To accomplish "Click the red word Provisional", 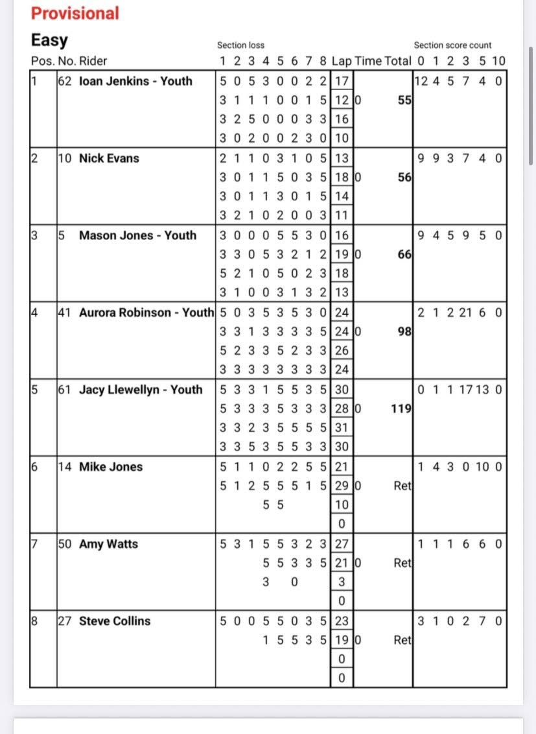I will click(75, 14).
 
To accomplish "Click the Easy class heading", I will click(49, 40).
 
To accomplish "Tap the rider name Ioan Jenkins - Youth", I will click(135, 81).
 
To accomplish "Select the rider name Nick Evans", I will click(109, 158).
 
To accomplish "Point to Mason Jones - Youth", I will click(137, 235).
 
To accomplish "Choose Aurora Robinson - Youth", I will click(146, 313).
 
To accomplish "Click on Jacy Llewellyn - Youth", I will click(141, 390).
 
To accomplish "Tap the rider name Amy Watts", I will click(108, 544).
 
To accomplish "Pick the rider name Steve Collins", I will click(115, 621).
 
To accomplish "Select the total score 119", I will click(402, 409).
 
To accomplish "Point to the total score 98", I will click(405, 332).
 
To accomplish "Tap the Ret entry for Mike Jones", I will click(402, 486).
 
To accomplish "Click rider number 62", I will click(65, 81).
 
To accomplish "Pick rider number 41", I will click(65, 313).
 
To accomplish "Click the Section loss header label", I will click(240, 45).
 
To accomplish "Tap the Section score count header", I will click(452, 45).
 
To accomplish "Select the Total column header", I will click(398, 62).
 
